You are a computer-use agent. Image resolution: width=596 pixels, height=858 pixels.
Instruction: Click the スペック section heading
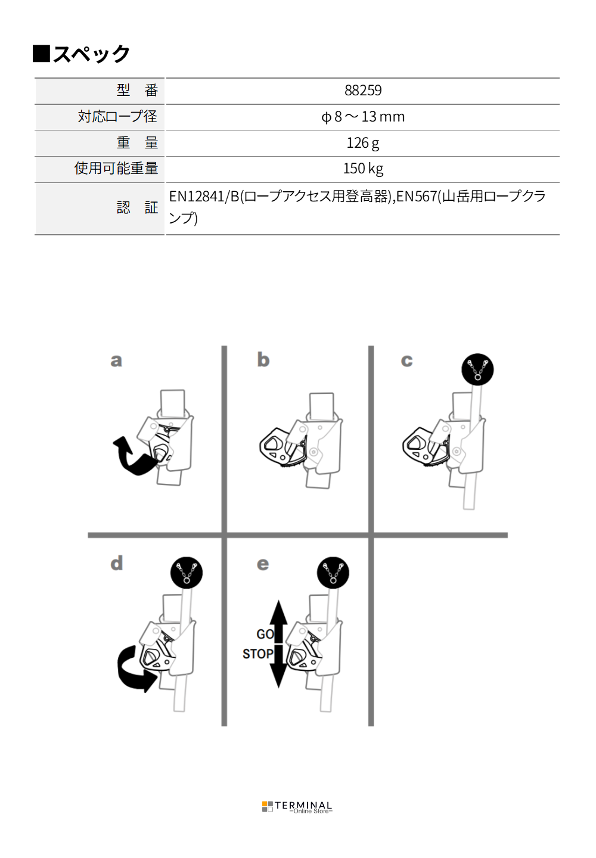(x=82, y=54)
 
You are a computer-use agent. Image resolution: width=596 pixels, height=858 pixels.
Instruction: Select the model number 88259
(x=363, y=91)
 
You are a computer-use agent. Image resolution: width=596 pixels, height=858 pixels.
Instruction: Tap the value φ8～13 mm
(x=363, y=117)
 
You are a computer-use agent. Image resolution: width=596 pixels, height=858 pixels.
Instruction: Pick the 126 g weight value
(x=363, y=143)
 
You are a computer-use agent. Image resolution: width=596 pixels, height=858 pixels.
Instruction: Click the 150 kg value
(x=363, y=169)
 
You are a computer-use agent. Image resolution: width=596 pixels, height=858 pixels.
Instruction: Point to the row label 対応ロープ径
(x=117, y=117)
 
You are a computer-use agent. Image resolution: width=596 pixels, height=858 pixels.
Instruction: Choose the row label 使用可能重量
(x=116, y=169)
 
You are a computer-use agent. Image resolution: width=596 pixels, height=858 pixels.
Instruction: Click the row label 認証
(x=137, y=208)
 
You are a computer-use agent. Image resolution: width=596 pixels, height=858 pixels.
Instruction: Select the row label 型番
(x=137, y=91)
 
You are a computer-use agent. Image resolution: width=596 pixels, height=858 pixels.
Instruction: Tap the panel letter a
(x=116, y=360)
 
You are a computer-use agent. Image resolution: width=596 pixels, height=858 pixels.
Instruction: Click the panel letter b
(x=263, y=360)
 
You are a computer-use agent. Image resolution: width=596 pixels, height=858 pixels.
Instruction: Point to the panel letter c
(x=407, y=360)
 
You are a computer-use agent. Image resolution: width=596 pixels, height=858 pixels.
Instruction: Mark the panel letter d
(x=117, y=563)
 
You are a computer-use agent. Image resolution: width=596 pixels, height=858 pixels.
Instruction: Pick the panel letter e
(x=263, y=564)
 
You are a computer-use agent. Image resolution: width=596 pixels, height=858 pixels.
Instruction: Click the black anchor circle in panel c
(x=477, y=369)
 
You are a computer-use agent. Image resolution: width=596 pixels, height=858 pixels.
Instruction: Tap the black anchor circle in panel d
(x=187, y=573)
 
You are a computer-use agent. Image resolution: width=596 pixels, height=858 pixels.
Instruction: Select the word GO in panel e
(x=265, y=635)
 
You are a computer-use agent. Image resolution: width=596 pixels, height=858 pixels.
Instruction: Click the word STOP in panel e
(x=257, y=654)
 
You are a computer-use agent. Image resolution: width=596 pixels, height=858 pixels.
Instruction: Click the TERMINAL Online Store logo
(x=297, y=807)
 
